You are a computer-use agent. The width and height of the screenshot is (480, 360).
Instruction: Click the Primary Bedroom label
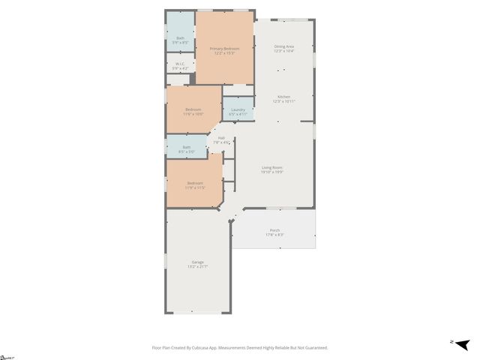pyautogui.click(x=223, y=49)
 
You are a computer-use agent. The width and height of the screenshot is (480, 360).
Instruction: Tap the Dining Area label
pyautogui.click(x=283, y=46)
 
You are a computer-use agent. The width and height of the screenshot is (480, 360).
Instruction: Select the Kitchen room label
pyautogui.click(x=283, y=97)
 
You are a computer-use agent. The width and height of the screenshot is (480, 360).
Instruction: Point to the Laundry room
pyautogui.click(x=238, y=112)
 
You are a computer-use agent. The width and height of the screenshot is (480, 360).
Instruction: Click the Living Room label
pyautogui.click(x=271, y=167)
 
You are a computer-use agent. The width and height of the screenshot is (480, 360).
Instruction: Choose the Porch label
pyautogui.click(x=274, y=230)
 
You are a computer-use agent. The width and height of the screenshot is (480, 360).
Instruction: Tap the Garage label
pyautogui.click(x=197, y=262)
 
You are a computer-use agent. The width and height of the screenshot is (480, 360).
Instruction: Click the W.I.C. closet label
pyautogui.click(x=180, y=64)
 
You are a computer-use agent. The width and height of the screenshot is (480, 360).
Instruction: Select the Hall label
pyautogui.click(x=221, y=137)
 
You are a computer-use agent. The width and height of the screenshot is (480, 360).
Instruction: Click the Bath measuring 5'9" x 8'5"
pyautogui.click(x=180, y=40)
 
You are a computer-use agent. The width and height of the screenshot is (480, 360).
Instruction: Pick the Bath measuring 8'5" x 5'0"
pyautogui.click(x=186, y=148)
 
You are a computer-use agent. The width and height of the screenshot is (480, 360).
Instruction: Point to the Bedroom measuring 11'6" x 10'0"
pyautogui.click(x=193, y=111)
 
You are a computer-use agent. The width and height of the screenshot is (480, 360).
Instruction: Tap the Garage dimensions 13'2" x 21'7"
pyautogui.click(x=197, y=266)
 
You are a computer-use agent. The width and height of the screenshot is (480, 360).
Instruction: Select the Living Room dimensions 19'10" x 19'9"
pyautogui.click(x=271, y=172)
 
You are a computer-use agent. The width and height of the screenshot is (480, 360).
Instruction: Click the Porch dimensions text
pyautogui.click(x=274, y=235)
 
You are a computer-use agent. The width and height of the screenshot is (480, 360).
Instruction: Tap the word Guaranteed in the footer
pyautogui.click(x=314, y=347)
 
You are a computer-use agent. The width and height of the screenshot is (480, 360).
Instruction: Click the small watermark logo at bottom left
pyautogui.click(x=7, y=357)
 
